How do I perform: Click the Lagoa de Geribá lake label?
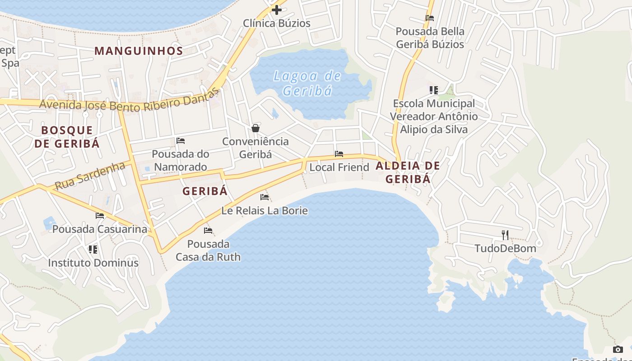[x=307, y=83]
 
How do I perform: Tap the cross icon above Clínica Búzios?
[x=277, y=9]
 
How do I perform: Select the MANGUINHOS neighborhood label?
[x=139, y=51]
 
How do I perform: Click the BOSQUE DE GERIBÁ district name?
[x=67, y=137]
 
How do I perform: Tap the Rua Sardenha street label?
[x=90, y=176]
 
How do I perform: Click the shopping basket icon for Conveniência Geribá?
[x=256, y=128]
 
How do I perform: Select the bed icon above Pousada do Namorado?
[x=181, y=141]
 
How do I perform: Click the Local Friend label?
[x=339, y=167]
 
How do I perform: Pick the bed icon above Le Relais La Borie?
[x=265, y=197]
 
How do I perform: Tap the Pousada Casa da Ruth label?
[x=208, y=250]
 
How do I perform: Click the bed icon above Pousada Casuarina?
[x=100, y=216]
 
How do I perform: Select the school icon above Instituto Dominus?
[x=93, y=250]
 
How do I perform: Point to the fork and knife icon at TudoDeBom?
[x=505, y=235]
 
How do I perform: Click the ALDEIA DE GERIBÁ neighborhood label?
[x=408, y=172]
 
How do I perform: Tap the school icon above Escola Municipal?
[x=434, y=90]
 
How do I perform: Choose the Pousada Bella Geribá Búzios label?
[x=430, y=38]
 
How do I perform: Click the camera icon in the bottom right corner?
[x=618, y=349]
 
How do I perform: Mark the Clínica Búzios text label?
[x=277, y=23]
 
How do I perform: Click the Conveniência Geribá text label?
[x=256, y=148]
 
